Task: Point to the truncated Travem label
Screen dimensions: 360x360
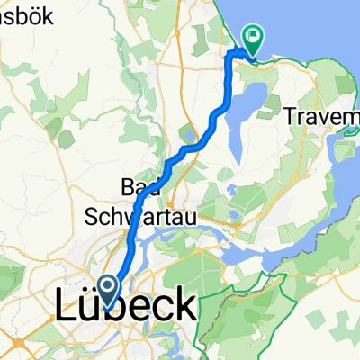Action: point(320,116)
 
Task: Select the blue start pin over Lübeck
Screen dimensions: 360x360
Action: point(106,292)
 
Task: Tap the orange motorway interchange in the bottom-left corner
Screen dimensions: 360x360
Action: point(16,344)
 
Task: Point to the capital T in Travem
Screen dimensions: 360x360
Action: point(290,116)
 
